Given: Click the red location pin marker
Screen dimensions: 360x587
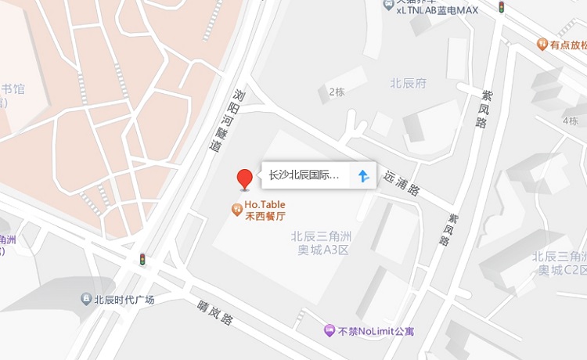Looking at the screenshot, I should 245,178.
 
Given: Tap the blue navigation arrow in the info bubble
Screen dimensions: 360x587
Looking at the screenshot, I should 362,175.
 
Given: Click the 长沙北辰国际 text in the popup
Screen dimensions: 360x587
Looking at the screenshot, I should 304,175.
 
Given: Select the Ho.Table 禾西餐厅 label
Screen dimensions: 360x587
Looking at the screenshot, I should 265,211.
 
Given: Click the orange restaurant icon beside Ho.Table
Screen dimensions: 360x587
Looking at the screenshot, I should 236,209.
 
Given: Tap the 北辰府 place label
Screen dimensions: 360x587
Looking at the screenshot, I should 409,83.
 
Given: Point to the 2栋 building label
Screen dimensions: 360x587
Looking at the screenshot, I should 337,92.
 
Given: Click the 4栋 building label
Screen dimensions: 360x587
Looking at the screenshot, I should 570,121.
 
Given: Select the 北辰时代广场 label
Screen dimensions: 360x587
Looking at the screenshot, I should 124,299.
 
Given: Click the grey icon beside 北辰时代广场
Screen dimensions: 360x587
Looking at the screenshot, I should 86,299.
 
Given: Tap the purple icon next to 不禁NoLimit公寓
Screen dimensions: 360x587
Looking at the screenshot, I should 330,331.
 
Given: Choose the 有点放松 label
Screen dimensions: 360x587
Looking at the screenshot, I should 568,45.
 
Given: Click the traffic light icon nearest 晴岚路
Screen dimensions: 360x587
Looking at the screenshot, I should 142,259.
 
